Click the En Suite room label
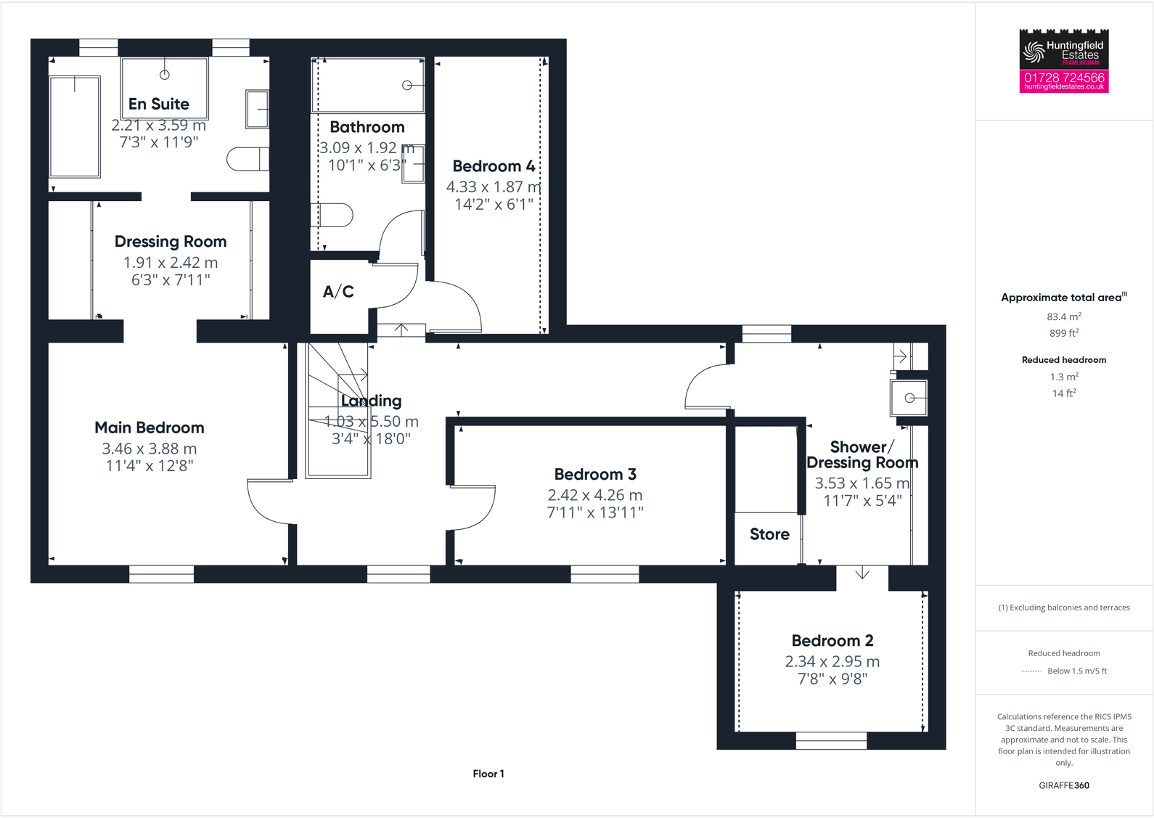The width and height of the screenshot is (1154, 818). coord(158,104)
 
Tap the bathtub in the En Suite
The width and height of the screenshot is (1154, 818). coord(74,126)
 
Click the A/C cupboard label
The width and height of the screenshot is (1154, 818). coord(338,292)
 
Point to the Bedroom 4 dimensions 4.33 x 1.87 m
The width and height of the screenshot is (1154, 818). coord(493,187)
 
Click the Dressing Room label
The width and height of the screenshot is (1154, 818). coord(171,242)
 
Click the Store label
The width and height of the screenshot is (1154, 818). coord(769,534)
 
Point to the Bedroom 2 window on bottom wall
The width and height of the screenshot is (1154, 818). coord(831,740)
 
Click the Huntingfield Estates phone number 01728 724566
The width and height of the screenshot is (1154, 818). coord(1064,77)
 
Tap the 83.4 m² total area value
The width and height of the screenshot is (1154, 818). coord(1064,316)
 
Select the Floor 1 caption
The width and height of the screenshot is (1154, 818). coord(488,774)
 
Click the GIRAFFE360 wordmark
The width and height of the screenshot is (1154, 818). coord(1064,785)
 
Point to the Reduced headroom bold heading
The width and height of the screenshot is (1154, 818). coord(1064,360)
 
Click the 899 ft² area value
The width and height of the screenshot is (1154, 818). coord(1064,333)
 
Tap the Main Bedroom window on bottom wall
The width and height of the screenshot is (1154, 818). coord(161,574)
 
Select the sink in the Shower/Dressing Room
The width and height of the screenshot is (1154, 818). coord(909,398)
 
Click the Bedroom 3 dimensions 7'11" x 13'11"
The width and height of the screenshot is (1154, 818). coord(595,512)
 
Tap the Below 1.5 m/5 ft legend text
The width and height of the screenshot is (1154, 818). coord(1077,671)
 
